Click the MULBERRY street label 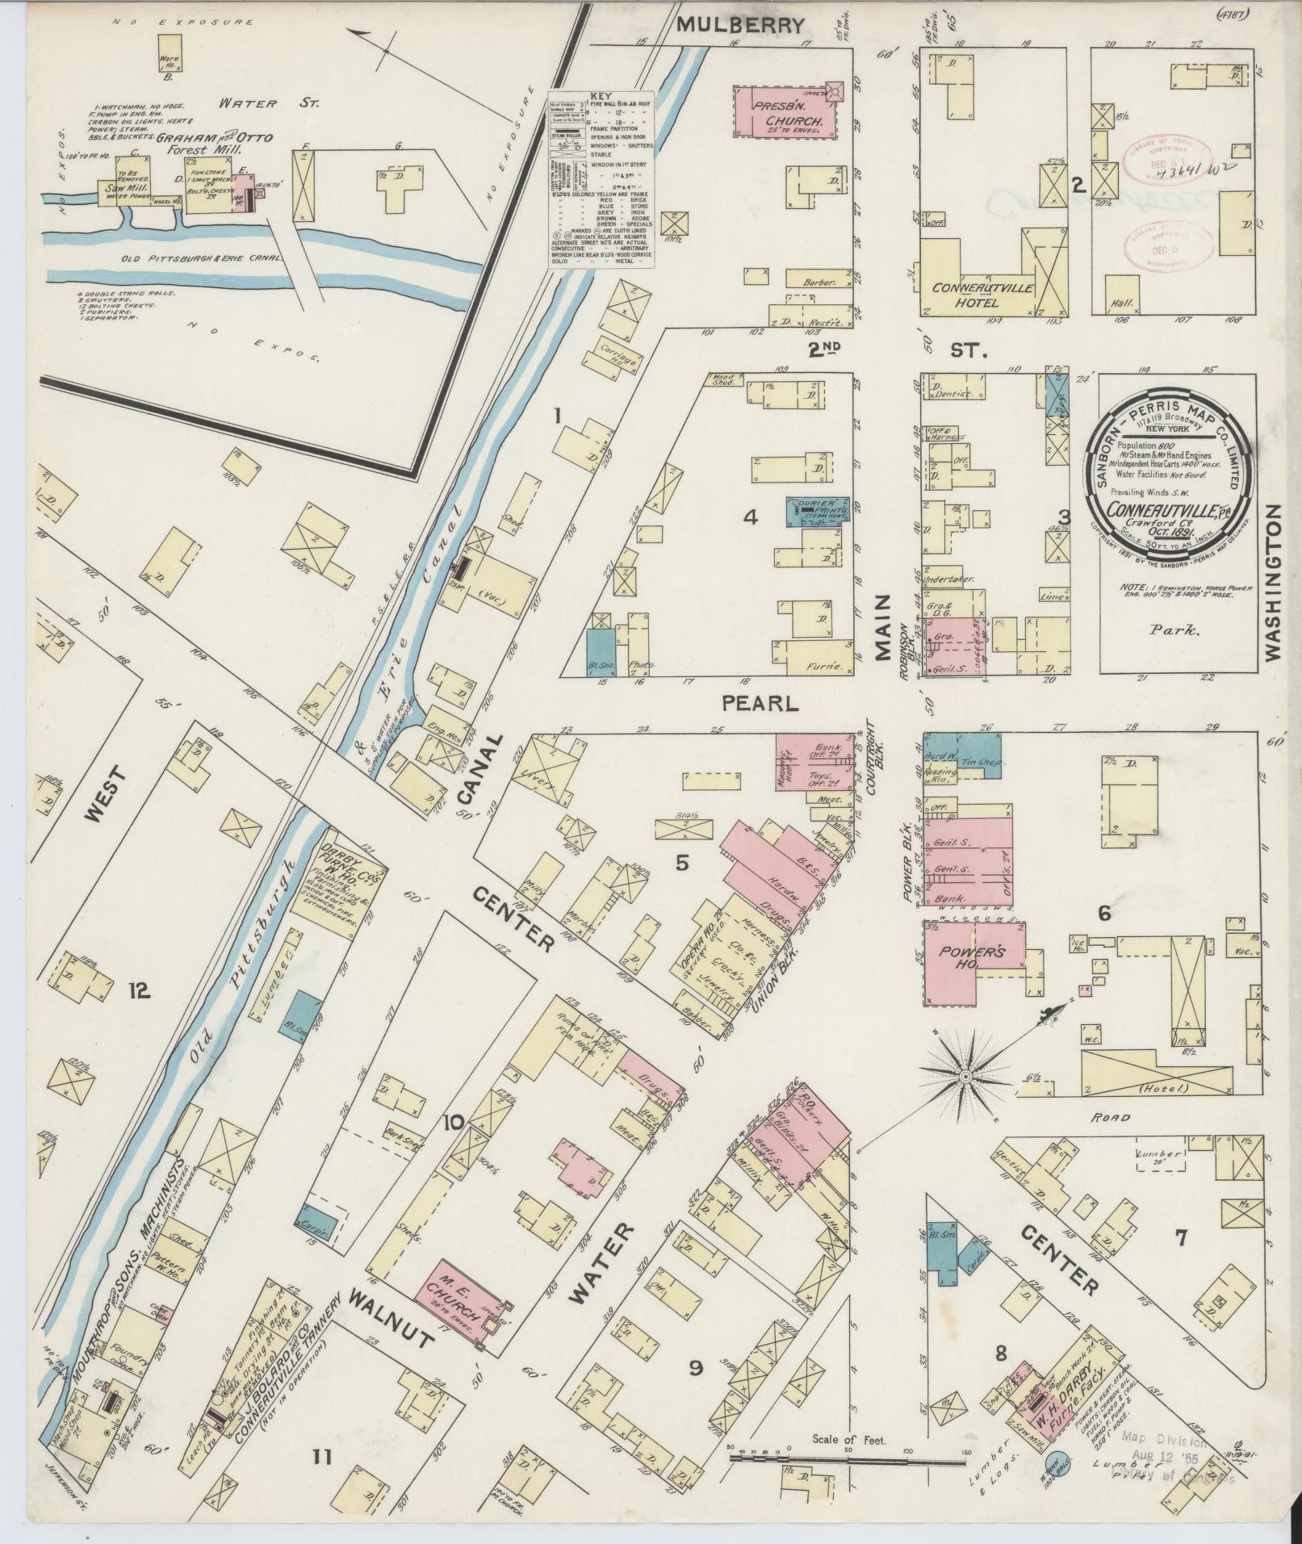(739, 25)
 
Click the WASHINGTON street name (1273, 583)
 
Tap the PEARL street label (760, 703)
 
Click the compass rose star (965, 1077)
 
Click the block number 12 (139, 990)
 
